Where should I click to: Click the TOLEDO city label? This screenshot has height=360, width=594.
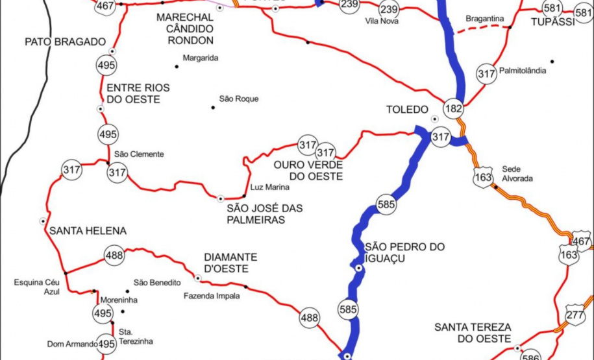[x=408, y=109]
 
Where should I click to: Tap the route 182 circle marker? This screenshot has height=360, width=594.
[x=453, y=108]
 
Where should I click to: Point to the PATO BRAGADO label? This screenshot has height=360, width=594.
[x=65, y=42]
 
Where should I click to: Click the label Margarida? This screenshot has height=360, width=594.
[x=200, y=58]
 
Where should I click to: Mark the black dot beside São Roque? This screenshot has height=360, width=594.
[x=212, y=107]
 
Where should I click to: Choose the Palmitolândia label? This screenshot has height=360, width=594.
[x=523, y=71]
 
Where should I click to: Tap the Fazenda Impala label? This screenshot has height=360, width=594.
[x=212, y=296]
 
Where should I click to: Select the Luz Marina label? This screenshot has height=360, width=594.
[x=269, y=187]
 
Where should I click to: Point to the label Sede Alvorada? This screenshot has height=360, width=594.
[x=517, y=173]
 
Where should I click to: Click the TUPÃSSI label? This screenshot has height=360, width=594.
[x=553, y=22]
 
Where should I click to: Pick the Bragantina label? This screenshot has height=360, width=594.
[x=485, y=19]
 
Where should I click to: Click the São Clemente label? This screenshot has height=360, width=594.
[x=139, y=154]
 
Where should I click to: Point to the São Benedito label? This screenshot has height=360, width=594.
[x=157, y=282]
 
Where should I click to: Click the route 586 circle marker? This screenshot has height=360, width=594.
[x=531, y=355]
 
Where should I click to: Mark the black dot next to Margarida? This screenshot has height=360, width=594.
[x=177, y=66]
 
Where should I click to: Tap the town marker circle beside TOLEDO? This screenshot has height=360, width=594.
[x=435, y=118]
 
